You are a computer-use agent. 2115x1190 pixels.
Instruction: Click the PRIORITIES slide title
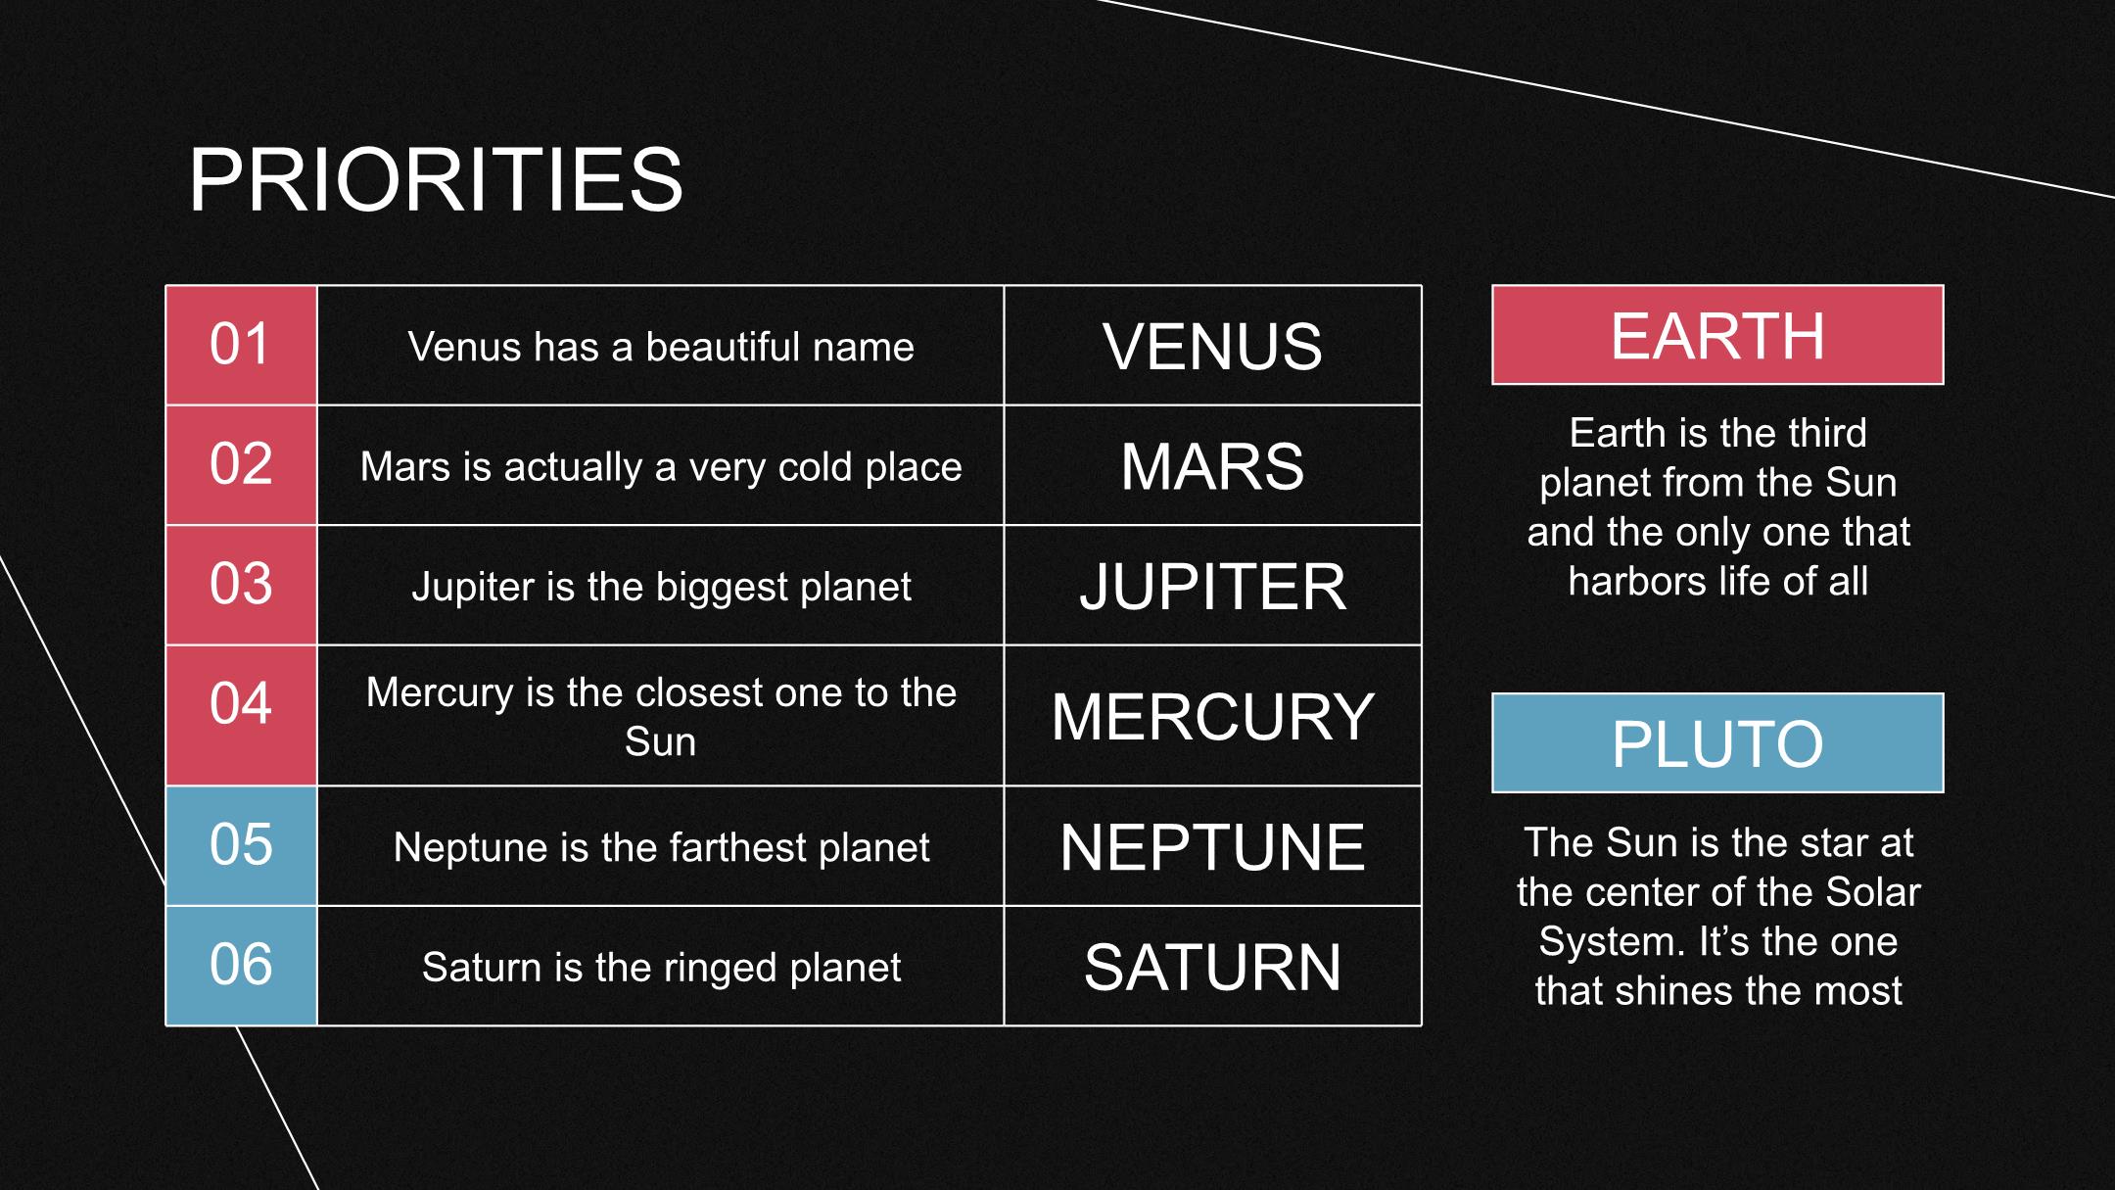tap(436, 179)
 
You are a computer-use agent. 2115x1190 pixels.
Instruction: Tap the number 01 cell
tap(241, 345)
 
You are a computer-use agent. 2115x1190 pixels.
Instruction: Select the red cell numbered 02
tap(241, 465)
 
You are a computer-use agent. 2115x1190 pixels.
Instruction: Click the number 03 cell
tap(241, 585)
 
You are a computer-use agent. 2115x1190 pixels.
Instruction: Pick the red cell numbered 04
tap(241, 715)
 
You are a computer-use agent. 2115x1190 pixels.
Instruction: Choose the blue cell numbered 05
tap(241, 845)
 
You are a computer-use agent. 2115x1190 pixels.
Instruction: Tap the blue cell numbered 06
tap(241, 966)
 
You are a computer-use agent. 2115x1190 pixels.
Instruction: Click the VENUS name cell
tap(1212, 345)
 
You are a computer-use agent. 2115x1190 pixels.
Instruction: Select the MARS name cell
tap(1212, 465)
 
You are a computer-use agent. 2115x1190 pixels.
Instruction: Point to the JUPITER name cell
tap(1212, 585)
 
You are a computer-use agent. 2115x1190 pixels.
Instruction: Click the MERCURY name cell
tap(1212, 715)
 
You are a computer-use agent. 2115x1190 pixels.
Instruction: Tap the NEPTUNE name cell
tap(1212, 845)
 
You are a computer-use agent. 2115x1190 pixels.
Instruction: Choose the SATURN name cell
tap(1212, 966)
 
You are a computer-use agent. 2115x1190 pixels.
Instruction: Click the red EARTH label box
tap(1717, 335)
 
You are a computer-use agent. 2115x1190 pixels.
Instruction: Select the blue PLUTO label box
tap(1717, 742)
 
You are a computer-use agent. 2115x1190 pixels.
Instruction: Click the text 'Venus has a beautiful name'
tap(661, 347)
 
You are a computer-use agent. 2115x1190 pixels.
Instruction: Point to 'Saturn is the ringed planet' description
tap(661, 968)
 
